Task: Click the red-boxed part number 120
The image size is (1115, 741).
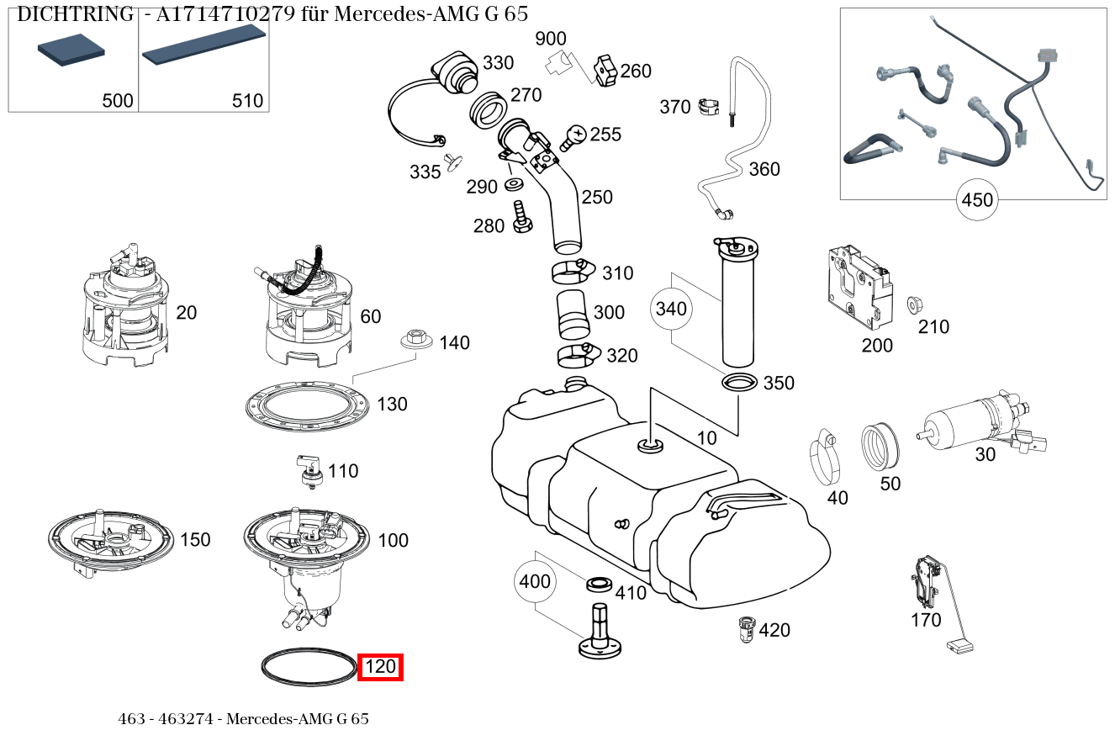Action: tap(380, 667)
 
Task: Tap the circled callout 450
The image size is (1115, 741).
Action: tap(976, 200)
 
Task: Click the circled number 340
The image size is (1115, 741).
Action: tap(671, 309)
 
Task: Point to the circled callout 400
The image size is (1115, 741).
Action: tap(535, 581)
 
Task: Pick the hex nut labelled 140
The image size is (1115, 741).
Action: tap(414, 338)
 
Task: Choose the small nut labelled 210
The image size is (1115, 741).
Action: tap(912, 304)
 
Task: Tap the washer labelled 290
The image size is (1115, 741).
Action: tap(514, 184)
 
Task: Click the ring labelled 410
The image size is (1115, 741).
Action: tap(599, 583)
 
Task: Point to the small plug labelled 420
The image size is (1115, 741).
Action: tap(744, 628)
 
